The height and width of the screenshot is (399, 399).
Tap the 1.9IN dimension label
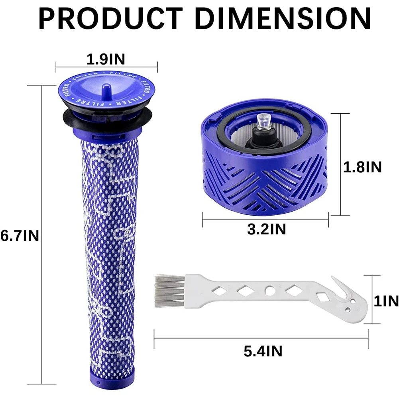pos(106,59)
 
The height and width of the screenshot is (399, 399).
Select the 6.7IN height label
pos(20,236)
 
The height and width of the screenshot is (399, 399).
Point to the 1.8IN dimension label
pos(363,167)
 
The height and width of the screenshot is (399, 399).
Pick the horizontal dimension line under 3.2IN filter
pos(265,216)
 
